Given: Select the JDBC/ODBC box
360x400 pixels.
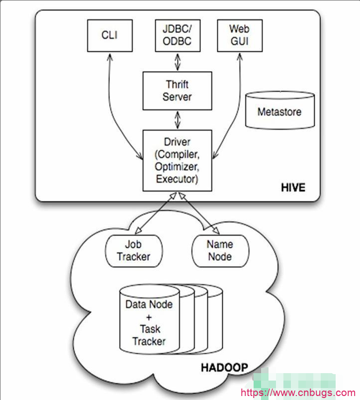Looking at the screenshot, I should click(178, 35).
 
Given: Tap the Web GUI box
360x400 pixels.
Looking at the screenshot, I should click(239, 35).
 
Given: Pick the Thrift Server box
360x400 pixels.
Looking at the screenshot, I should click(177, 91).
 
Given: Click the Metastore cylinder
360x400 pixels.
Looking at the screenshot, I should click(279, 111).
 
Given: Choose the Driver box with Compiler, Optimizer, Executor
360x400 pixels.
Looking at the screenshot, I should click(177, 160).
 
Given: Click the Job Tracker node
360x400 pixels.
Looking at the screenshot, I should click(134, 250).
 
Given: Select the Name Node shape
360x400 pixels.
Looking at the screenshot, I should click(219, 250).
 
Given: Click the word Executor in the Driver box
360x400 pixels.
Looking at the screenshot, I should click(177, 179).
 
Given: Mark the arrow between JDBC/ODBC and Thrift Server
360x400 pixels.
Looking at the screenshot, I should click(178, 62).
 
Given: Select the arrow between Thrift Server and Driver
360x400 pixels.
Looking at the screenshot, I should click(178, 120).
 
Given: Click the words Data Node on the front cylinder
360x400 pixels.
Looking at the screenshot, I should click(149, 304).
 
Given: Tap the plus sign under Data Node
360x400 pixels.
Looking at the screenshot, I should click(149, 316).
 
